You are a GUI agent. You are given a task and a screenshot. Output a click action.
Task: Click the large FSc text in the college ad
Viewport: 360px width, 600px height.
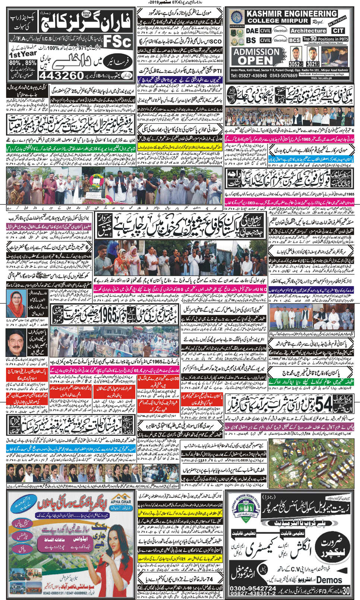(117, 41)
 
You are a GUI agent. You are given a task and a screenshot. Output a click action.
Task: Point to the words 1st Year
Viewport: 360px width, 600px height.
(23, 54)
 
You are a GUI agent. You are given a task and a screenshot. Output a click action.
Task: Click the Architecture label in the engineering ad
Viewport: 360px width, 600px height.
(308, 31)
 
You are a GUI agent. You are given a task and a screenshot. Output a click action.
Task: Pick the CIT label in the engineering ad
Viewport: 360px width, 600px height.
(338, 31)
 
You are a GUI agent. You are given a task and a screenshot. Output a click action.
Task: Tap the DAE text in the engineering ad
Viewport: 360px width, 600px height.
(252, 31)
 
